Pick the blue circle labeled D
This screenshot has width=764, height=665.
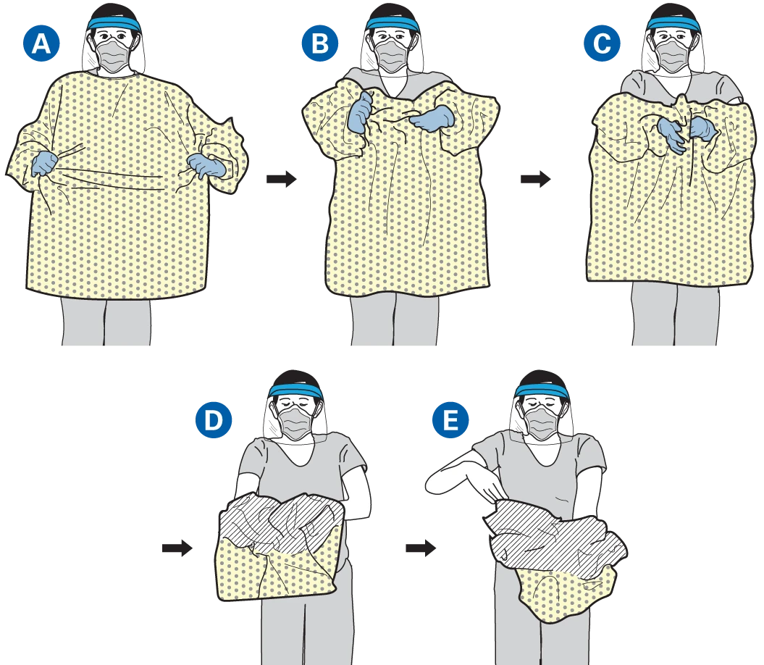214,419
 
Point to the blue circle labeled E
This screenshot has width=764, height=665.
450,419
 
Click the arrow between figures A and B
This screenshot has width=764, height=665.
282,179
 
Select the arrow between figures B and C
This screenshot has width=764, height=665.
535,179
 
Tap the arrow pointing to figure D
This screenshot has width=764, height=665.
177,548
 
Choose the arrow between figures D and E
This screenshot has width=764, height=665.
421,548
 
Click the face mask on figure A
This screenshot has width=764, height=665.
114,55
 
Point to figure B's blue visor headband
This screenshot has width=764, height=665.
393,25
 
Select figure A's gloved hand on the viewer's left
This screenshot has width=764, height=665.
45,163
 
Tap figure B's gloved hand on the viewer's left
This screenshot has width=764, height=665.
360,113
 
